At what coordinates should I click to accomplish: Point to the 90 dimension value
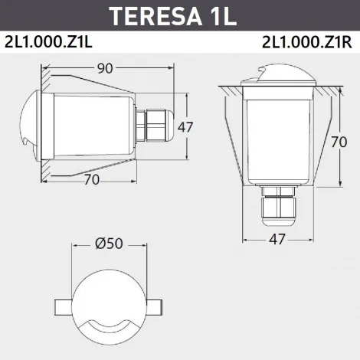tap(106, 68)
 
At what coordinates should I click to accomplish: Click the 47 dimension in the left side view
tap(185, 127)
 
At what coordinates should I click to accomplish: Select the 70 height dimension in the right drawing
tap(349, 142)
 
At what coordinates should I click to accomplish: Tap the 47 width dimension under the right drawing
tap(277, 239)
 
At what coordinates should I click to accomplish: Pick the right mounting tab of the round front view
tap(155, 306)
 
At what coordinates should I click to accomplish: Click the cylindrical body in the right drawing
tap(277, 138)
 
